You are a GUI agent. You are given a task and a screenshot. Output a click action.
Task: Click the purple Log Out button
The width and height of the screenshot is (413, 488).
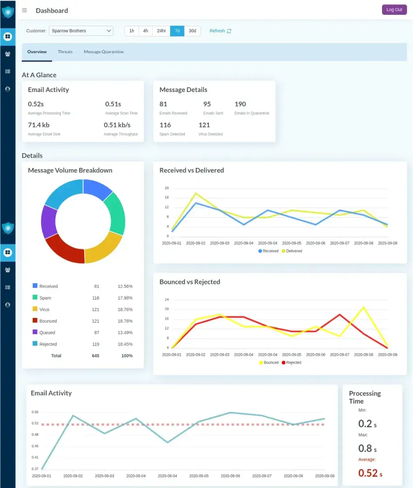click(x=394, y=10)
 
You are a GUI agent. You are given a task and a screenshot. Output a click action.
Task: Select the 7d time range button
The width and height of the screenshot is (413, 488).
click(x=177, y=31)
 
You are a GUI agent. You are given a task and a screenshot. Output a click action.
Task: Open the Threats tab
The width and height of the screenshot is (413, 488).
click(x=65, y=52)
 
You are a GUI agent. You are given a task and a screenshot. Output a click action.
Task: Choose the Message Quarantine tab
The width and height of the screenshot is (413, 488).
click(x=103, y=52)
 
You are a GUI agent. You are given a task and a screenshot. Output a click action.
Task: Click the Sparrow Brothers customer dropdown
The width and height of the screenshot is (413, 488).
click(x=81, y=31)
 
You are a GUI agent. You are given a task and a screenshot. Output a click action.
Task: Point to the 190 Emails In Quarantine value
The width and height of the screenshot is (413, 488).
click(x=240, y=104)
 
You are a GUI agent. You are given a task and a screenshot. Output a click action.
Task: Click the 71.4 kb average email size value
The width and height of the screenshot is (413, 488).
click(x=39, y=125)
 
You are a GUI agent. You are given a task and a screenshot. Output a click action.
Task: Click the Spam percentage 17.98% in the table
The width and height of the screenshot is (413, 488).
click(x=125, y=298)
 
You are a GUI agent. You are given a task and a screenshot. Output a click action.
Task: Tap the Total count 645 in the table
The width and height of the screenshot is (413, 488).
click(x=96, y=356)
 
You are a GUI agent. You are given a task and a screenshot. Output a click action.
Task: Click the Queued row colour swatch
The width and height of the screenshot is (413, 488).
click(x=35, y=332)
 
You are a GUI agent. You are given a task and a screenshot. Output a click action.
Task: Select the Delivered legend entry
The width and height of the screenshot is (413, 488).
click(x=292, y=251)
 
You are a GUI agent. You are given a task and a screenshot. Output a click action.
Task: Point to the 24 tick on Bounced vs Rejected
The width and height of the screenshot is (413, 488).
click(x=167, y=300)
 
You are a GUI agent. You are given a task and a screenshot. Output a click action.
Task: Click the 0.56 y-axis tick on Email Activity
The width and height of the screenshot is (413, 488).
click(x=35, y=412)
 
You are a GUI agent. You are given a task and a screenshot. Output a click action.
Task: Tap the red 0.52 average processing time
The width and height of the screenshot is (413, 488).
click(x=368, y=473)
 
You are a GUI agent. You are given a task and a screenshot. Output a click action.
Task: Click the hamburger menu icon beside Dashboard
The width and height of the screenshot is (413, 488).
click(x=24, y=10)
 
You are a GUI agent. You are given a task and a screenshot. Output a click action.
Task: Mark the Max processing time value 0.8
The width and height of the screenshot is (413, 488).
click(x=365, y=448)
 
